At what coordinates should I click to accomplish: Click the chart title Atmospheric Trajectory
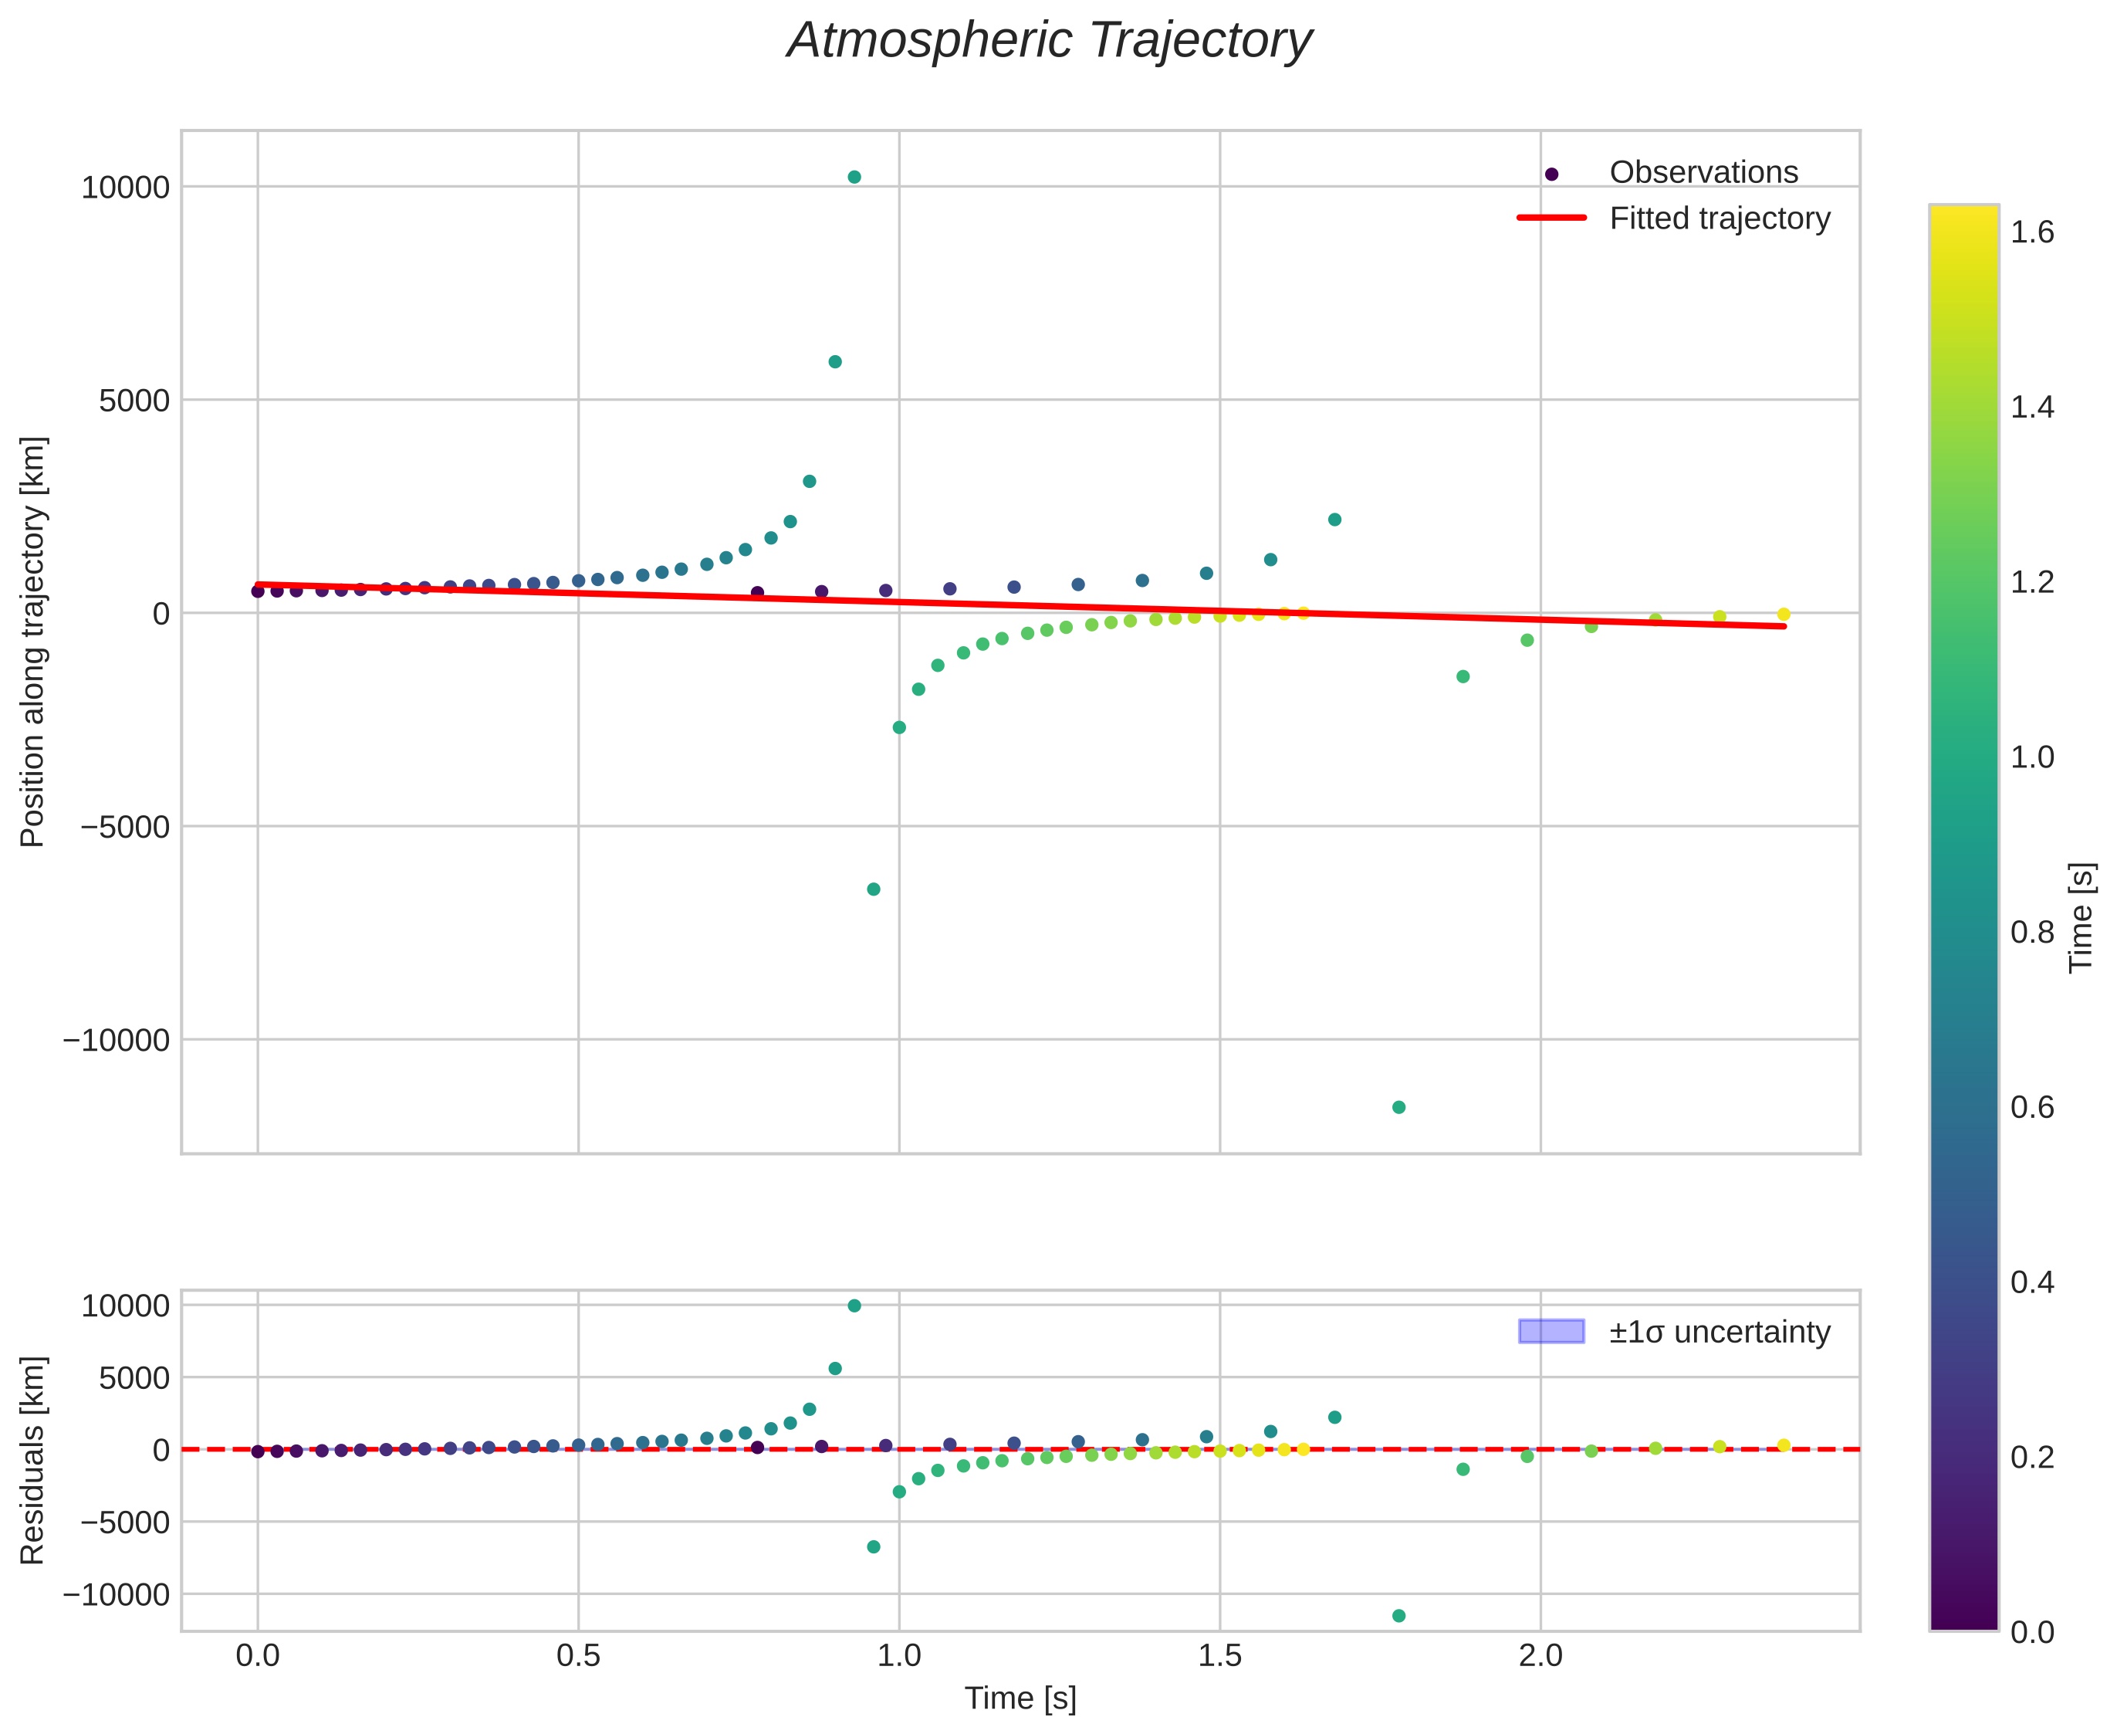(x=1050, y=42)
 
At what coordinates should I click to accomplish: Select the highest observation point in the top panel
(x=854, y=177)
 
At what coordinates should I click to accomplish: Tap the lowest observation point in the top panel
(x=1398, y=1107)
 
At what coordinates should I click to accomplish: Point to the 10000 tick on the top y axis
(x=125, y=188)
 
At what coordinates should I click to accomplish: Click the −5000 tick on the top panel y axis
(x=116, y=827)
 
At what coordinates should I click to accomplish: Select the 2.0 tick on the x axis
(x=1540, y=1656)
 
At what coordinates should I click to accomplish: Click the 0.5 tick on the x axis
(x=578, y=1656)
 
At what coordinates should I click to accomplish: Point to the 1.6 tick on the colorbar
(x=2031, y=232)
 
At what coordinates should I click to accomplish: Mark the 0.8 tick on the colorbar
(x=2031, y=932)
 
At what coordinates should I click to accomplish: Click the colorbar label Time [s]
(x=2080, y=918)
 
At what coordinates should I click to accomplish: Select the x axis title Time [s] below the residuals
(x=1020, y=1698)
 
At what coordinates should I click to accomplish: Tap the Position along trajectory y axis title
(x=33, y=642)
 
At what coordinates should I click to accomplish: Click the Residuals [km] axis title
(x=33, y=1461)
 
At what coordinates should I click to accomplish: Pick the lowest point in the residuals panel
(x=1398, y=1615)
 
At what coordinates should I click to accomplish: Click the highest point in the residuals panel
(x=854, y=1306)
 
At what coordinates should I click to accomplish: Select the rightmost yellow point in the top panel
(x=1783, y=615)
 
